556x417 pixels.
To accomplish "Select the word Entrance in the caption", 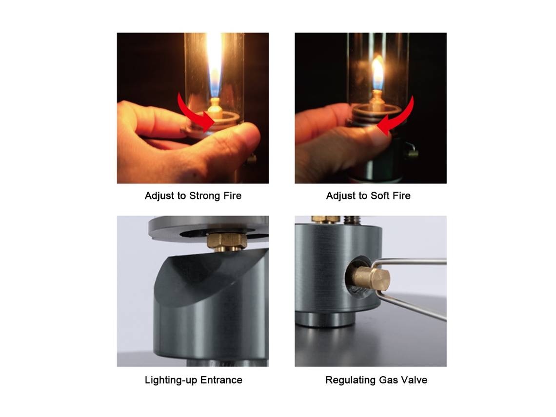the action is click(221, 380).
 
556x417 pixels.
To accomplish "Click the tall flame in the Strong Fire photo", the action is click(214, 64).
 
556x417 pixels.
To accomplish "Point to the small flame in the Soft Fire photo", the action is click(377, 74).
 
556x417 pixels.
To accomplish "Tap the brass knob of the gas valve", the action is click(371, 279).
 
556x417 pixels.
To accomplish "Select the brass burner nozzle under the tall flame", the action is click(215, 108).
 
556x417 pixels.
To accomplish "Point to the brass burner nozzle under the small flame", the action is click(377, 99).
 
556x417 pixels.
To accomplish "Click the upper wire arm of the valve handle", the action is click(408, 262).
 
